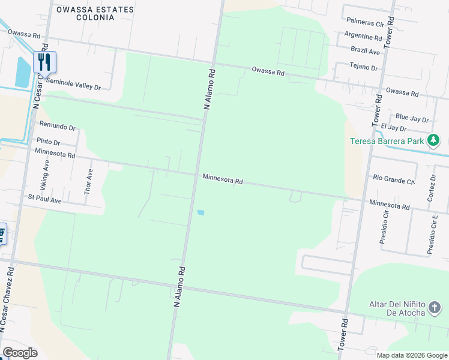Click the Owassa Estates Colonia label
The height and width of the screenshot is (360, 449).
pyautogui.click(x=94, y=13)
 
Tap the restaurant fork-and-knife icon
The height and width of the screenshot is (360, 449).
pyautogui.click(x=44, y=61)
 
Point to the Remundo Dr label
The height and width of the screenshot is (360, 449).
pyautogui.click(x=58, y=127)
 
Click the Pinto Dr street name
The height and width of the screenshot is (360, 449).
pyautogui.click(x=48, y=142)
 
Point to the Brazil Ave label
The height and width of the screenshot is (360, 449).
pyautogui.click(x=366, y=52)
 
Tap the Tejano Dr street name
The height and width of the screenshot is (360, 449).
pyautogui.click(x=366, y=68)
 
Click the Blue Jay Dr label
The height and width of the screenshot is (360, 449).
pyautogui.click(x=412, y=118)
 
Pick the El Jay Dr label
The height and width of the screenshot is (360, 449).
pyautogui.click(x=394, y=128)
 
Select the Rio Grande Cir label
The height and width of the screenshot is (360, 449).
pyautogui.click(x=394, y=179)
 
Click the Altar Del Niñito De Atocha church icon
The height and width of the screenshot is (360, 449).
pyautogui.click(x=434, y=308)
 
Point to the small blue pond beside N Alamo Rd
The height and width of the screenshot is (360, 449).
pyautogui.click(x=200, y=212)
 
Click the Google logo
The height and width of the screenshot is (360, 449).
pyautogui.click(x=20, y=353)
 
